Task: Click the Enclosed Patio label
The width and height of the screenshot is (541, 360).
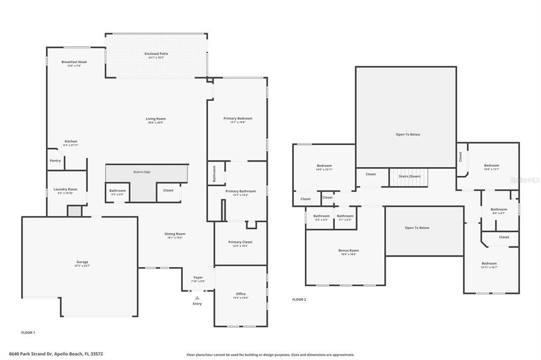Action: [x=156, y=54]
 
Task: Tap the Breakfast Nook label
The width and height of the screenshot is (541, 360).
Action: [x=74, y=62]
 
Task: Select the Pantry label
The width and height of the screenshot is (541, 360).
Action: [x=55, y=160]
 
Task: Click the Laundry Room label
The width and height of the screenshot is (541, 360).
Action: [x=66, y=189]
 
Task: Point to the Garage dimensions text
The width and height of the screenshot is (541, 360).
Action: [x=82, y=266]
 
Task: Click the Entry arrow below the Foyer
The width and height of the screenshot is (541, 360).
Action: [x=197, y=298]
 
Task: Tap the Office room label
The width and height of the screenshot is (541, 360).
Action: [x=240, y=294]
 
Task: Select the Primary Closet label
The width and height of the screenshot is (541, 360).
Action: [x=240, y=242]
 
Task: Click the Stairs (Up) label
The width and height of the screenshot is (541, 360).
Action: [x=142, y=172]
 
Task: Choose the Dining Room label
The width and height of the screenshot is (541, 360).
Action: [x=175, y=233]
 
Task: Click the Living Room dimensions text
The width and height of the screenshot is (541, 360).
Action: [x=156, y=122]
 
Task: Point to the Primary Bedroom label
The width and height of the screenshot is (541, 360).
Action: [x=238, y=118]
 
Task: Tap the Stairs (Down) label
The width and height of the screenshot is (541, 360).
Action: [x=409, y=176]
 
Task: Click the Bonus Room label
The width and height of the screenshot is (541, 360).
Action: [x=348, y=250]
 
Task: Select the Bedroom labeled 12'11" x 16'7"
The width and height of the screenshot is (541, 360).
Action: [x=489, y=263]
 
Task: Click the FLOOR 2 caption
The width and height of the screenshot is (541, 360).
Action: [x=299, y=299]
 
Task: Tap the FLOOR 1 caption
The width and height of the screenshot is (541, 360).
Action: [x=28, y=333]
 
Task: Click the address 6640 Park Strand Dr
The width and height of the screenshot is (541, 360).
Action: [x=55, y=354]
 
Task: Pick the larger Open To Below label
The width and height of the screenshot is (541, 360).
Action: [x=408, y=135]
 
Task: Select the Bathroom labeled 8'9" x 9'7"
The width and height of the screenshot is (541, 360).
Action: [x=498, y=210]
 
